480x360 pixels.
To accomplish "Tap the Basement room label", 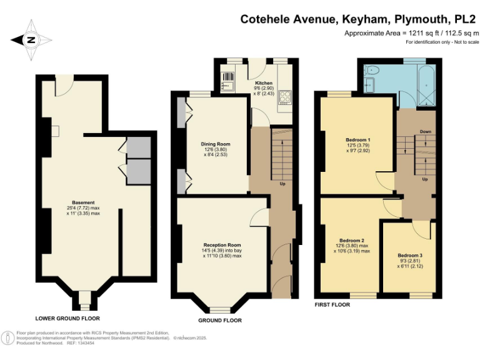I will pos(83,202).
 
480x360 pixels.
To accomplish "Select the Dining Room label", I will pos(212,143).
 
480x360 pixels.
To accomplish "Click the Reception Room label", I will pos(222,244).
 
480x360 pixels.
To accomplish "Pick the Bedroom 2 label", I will pos(352,241).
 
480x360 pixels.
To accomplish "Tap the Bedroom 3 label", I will pos(410,255).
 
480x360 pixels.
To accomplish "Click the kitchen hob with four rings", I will pos(286,97).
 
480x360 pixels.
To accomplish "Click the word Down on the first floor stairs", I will pos(426,132).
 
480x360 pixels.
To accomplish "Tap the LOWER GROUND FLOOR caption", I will pos(67,317).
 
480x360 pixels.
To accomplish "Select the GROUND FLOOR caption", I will pos(219,321).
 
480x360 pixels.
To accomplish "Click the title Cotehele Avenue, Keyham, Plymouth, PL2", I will pos(359,19).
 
